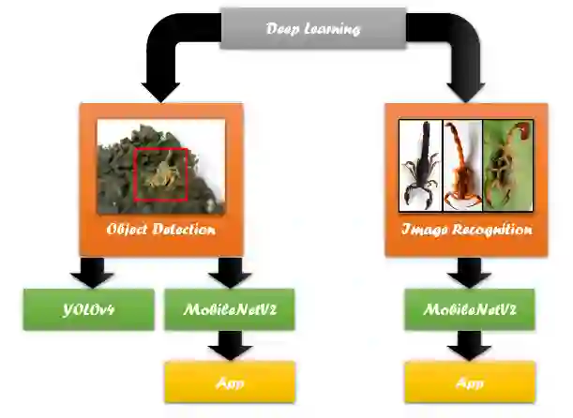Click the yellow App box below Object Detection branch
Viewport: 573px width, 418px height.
click(x=229, y=381)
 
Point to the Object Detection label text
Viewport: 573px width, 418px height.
click(x=161, y=230)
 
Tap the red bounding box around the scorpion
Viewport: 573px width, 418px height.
click(x=161, y=173)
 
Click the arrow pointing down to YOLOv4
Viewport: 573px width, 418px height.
click(x=92, y=273)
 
